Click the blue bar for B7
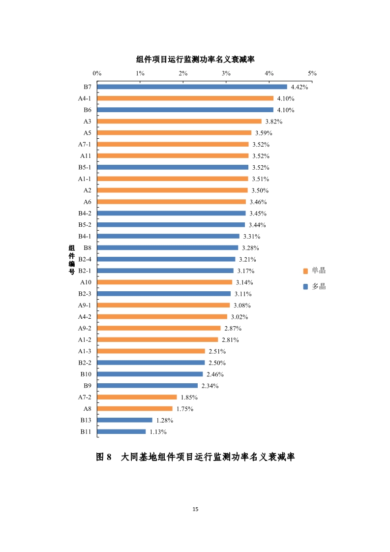click(x=192, y=87)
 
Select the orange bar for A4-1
click(x=185, y=98)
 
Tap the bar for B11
click(x=121, y=431)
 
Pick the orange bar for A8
click(x=135, y=408)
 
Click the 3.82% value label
click(x=274, y=122)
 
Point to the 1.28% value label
click(x=165, y=421)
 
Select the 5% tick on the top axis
click(x=312, y=73)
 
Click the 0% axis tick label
click(x=97, y=73)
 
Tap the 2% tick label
click(x=183, y=73)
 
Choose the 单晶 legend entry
click(x=315, y=271)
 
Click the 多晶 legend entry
click(x=315, y=286)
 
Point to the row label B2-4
click(x=85, y=259)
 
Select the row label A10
click(x=86, y=282)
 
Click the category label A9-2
click(x=85, y=328)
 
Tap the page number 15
click(x=195, y=509)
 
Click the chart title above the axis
click(x=195, y=60)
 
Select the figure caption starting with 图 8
click(x=195, y=457)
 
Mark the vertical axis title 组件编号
click(x=72, y=259)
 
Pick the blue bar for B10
click(x=150, y=374)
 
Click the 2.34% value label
click(x=210, y=386)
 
